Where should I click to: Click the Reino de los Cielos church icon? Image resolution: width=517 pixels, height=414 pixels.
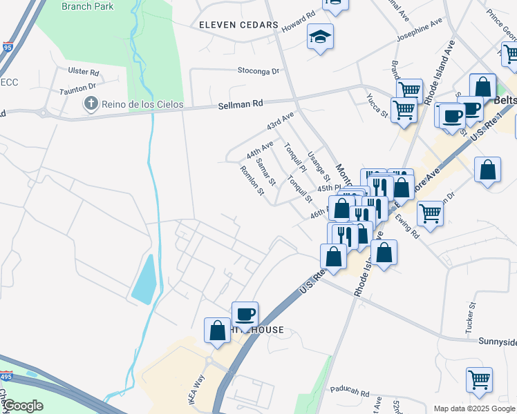point(90,104)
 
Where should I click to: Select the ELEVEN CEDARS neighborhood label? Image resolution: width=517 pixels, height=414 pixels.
point(238,25)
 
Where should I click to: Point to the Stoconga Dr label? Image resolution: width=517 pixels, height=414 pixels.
point(258,70)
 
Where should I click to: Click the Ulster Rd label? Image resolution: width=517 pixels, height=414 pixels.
point(84,72)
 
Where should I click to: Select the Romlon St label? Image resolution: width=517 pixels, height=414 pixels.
point(252,179)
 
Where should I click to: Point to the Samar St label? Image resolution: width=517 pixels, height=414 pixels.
point(265,171)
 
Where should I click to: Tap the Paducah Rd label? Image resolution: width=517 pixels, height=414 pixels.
point(350,389)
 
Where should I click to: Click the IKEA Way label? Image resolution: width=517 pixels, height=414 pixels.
point(199,389)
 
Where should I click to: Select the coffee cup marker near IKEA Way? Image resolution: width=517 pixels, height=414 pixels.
point(245,315)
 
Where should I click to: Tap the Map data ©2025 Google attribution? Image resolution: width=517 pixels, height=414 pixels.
point(474,408)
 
